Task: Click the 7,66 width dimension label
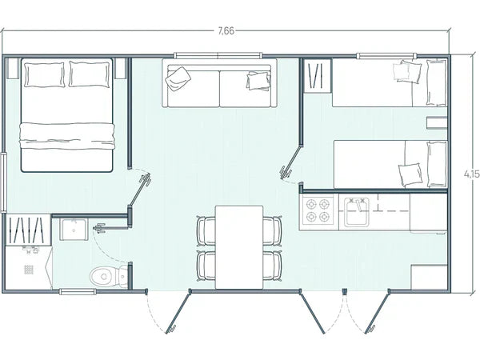(x=226, y=30)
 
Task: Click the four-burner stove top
(x=317, y=210)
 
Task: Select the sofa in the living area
(x=218, y=84)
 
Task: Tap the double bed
(x=70, y=116)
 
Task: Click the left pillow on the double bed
(x=44, y=76)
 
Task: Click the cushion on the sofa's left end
(x=179, y=77)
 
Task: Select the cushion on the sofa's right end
(x=258, y=81)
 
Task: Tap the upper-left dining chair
(x=206, y=232)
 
